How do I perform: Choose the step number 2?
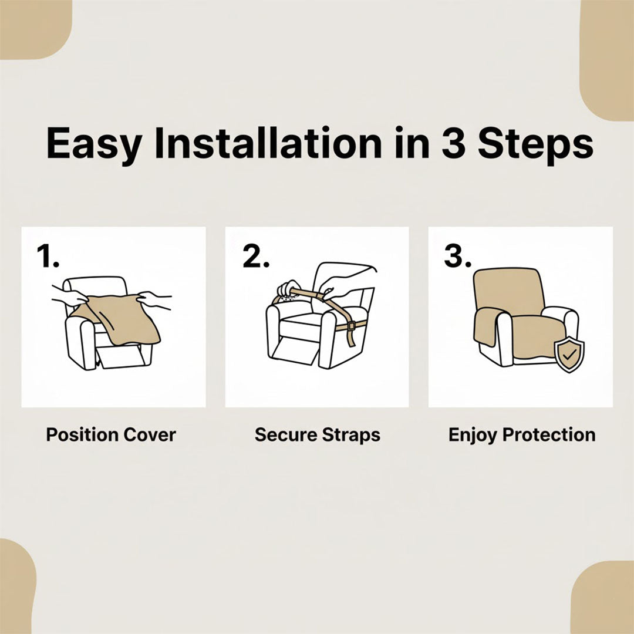tap(255, 256)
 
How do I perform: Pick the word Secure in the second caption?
tap(285, 435)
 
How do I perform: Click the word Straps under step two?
tap(351, 435)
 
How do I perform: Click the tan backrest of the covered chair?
tap(509, 291)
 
